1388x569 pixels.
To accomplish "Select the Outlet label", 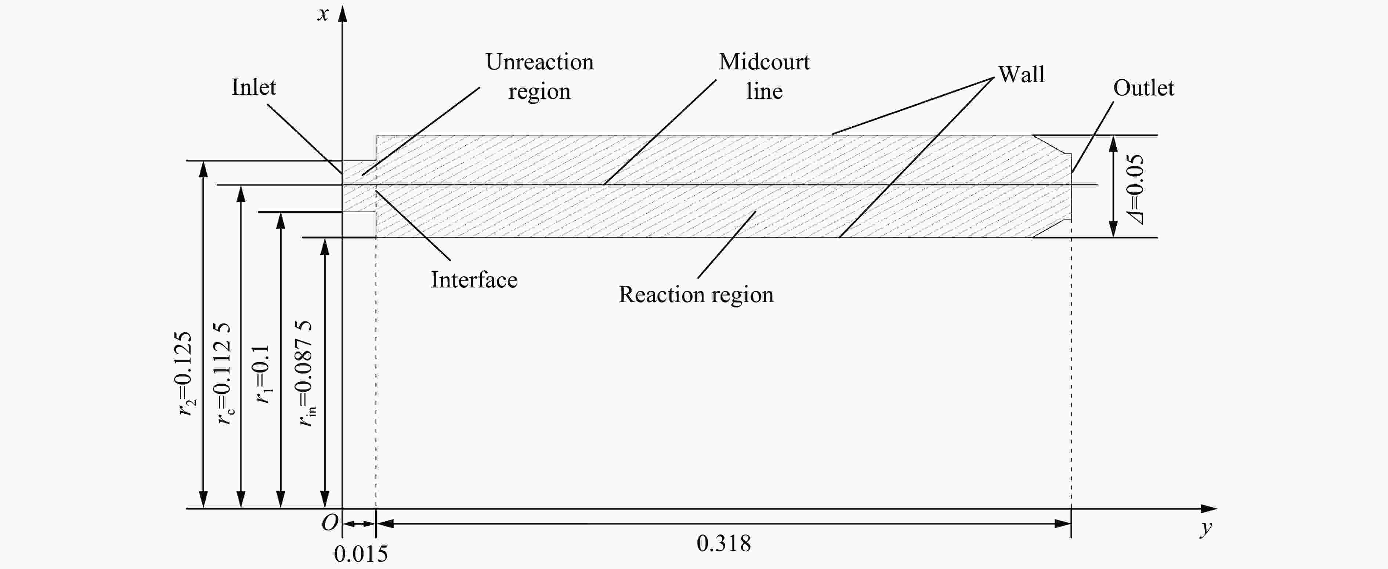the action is pyautogui.click(x=1143, y=88).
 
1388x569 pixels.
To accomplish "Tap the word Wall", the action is pyautogui.click(x=1021, y=75).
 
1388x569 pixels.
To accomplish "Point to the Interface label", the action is pyautogui.click(x=474, y=280).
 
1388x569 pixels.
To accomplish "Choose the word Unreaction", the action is pyautogui.click(x=539, y=62).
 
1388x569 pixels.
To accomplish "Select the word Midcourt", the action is pyautogui.click(x=764, y=62).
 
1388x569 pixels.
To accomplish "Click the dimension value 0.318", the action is pyautogui.click(x=724, y=543).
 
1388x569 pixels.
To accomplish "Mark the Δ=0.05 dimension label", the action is pyautogui.click(x=1134, y=189).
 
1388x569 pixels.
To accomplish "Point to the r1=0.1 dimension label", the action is pyautogui.click(x=263, y=374).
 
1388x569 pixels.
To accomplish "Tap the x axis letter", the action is pyautogui.click(x=323, y=14).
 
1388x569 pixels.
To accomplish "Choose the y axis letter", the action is pyautogui.click(x=1206, y=529).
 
